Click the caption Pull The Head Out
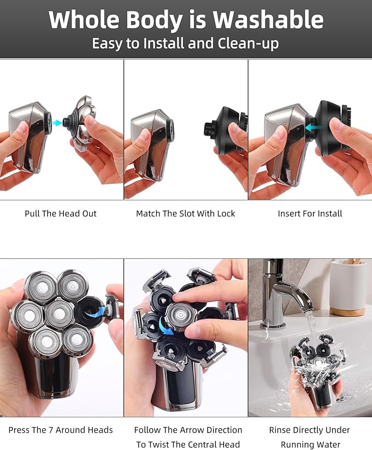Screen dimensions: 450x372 point(60,214)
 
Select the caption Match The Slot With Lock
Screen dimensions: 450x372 point(185,214)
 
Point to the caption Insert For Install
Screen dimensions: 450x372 point(310,214)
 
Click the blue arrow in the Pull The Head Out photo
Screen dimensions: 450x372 point(56,124)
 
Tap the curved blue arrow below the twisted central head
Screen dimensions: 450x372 point(165,327)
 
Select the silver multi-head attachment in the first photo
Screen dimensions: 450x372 point(83,122)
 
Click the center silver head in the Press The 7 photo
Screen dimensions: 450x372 point(59,313)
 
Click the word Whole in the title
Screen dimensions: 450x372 point(82,20)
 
